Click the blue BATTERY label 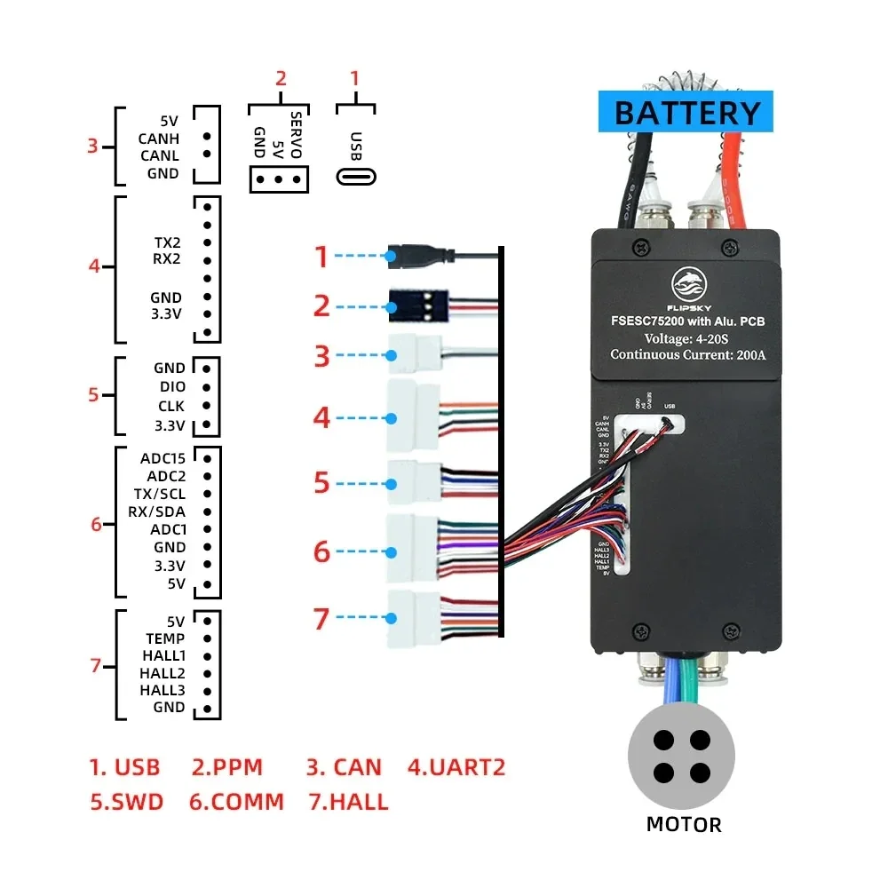(688, 113)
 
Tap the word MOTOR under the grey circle (684, 824)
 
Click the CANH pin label (159, 138)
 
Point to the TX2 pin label (167, 242)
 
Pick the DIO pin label (172, 387)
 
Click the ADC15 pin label (163, 458)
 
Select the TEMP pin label (165, 638)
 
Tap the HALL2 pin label (163, 673)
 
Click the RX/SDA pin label (157, 511)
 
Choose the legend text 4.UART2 (456, 766)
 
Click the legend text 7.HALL (348, 802)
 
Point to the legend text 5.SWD (127, 802)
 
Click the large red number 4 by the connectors (321, 416)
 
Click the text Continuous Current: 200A (688, 355)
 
